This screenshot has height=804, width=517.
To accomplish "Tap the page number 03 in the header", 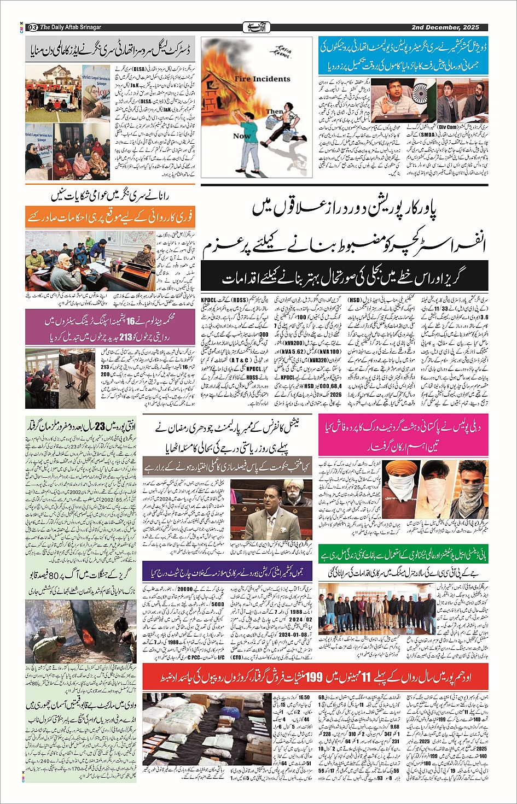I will pyautogui.click(x=32, y=27).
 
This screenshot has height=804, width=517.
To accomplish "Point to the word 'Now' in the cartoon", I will pyautogui.click(x=242, y=136).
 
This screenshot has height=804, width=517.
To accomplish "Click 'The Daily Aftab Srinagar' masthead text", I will pyautogui.click(x=71, y=27).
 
